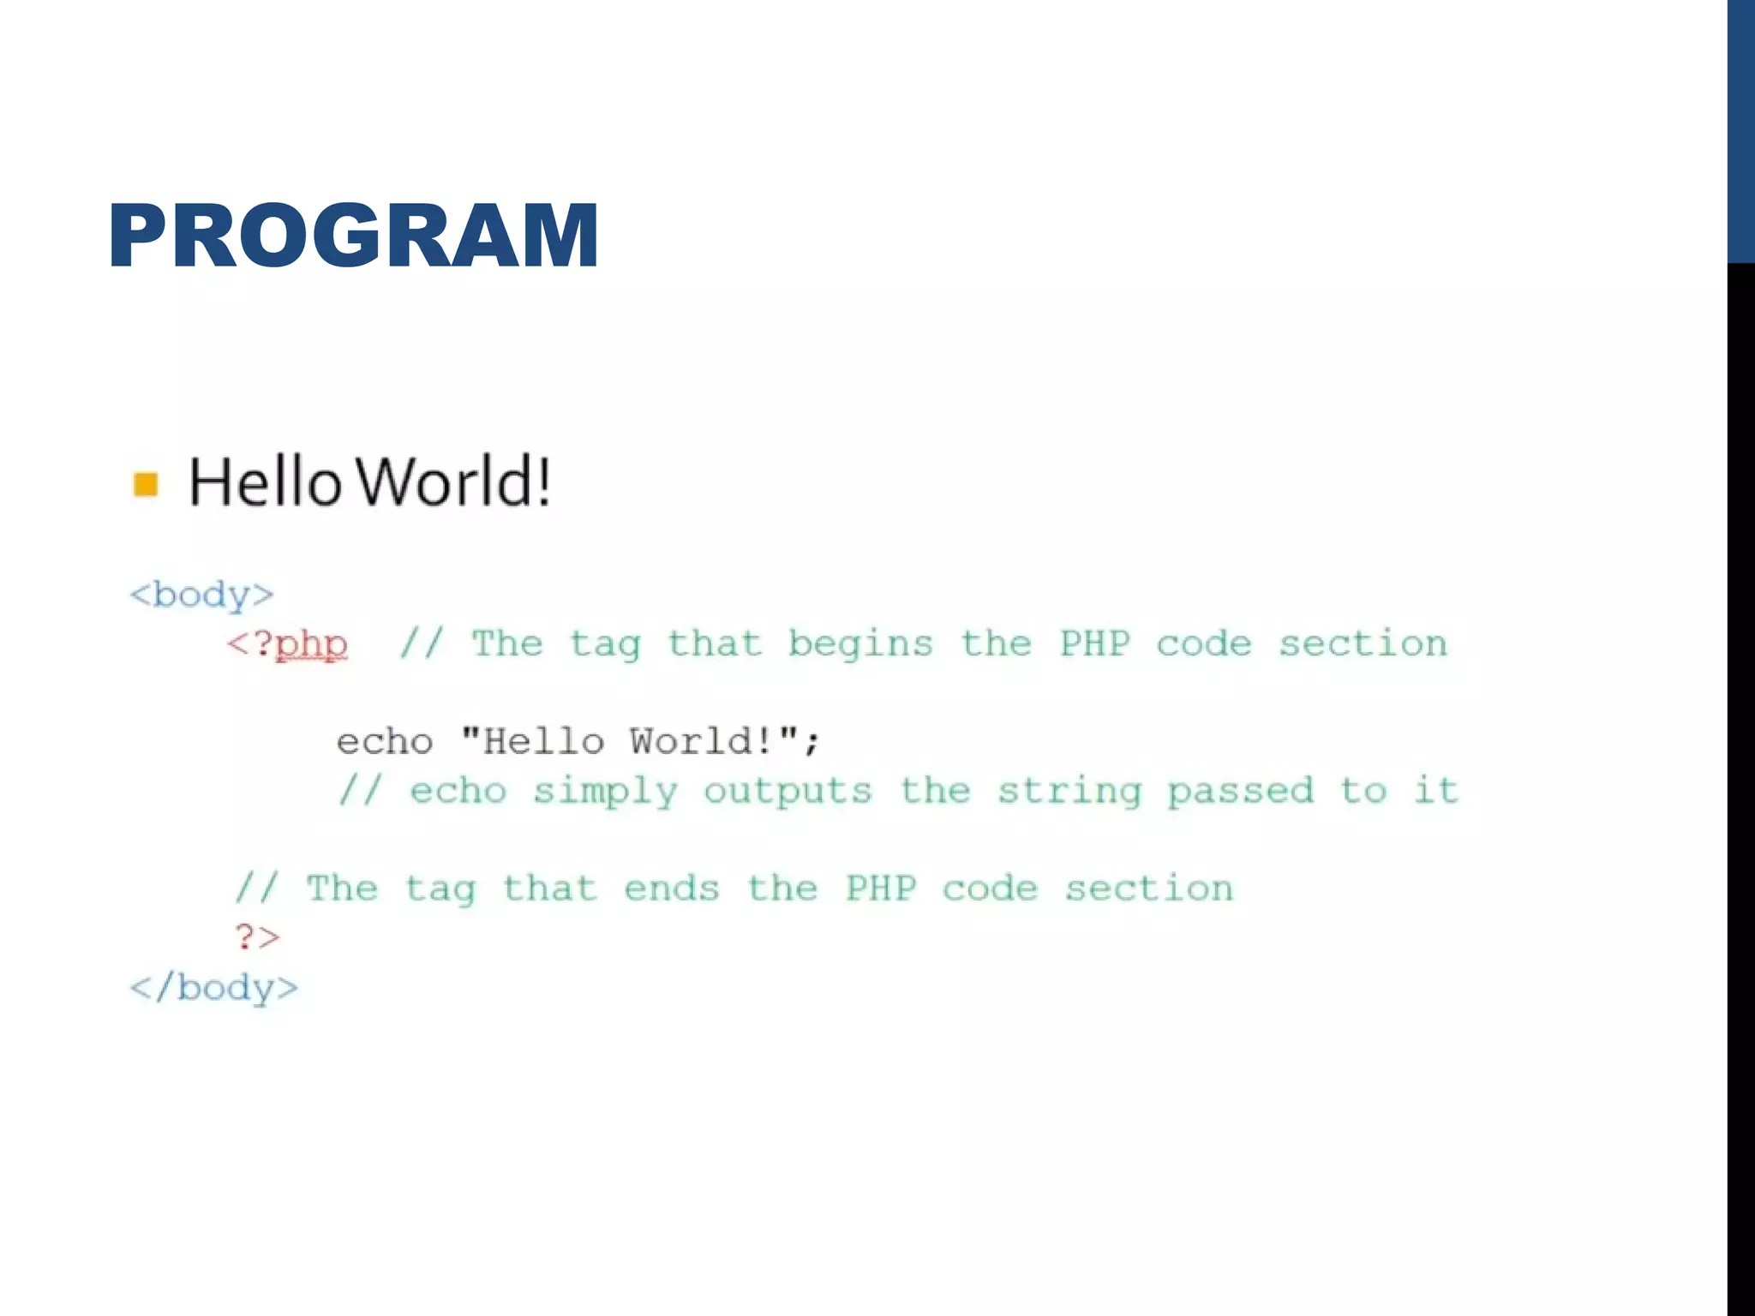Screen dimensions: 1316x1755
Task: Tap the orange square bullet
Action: tap(146, 484)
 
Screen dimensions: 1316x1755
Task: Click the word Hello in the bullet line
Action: tap(266, 482)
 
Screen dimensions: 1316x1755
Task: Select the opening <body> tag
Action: tap(202, 595)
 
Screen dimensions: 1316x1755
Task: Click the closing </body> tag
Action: tap(214, 988)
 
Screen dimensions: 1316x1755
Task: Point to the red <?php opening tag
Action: tap(288, 644)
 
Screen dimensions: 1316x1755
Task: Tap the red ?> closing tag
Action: tap(258, 937)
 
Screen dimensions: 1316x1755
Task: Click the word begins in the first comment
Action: tap(860, 644)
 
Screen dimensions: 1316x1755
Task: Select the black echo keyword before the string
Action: tap(385, 742)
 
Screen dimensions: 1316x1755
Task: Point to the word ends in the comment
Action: tap(672, 889)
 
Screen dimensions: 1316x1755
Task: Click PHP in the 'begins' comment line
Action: tap(1094, 644)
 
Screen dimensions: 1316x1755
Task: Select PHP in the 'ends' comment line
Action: tap(881, 889)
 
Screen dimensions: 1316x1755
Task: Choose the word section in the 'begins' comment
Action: tap(1363, 644)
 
